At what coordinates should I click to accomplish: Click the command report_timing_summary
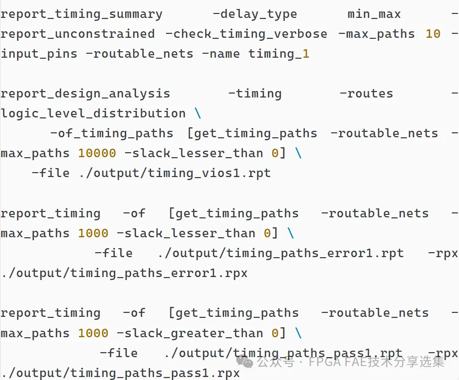(x=81, y=14)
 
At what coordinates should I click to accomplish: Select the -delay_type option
(x=255, y=14)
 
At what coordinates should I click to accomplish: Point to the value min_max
(x=374, y=14)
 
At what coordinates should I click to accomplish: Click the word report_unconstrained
(x=77, y=34)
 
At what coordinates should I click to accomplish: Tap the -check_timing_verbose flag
(x=246, y=34)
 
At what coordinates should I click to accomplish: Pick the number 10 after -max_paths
(x=433, y=34)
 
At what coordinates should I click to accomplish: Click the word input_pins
(x=39, y=54)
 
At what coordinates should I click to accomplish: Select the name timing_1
(x=279, y=54)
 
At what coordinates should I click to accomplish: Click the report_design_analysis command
(x=85, y=94)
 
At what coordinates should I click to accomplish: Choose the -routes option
(x=366, y=94)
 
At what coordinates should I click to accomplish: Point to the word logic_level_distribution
(x=93, y=114)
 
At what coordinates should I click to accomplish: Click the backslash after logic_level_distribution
(x=198, y=113)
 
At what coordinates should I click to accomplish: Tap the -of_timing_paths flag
(x=112, y=134)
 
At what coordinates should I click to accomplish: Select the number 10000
(x=97, y=153)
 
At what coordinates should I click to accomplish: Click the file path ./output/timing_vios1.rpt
(x=175, y=174)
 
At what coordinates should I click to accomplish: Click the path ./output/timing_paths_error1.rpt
(x=281, y=254)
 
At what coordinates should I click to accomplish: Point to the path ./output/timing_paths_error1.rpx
(x=124, y=274)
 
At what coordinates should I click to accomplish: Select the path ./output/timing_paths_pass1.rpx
(x=120, y=373)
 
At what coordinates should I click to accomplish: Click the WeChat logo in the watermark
(x=245, y=361)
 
